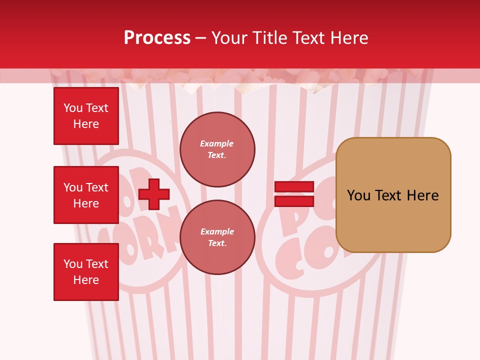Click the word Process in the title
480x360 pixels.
pos(157,38)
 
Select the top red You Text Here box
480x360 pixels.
pos(86,116)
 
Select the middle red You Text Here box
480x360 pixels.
pos(86,195)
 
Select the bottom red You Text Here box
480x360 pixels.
pos(86,272)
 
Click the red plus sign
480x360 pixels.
pos(154,194)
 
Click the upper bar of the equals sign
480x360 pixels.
pos(294,186)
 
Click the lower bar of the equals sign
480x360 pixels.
pos(294,201)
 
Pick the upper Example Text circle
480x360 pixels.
pos(217,149)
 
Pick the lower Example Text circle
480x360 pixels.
pos(217,237)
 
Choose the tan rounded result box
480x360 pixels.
pos(393,195)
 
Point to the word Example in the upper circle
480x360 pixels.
pos(217,143)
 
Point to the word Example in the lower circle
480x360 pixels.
pos(217,231)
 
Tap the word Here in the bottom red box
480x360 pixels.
pos(86,280)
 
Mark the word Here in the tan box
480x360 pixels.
pos(422,195)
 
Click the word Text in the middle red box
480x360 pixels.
pos(97,187)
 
